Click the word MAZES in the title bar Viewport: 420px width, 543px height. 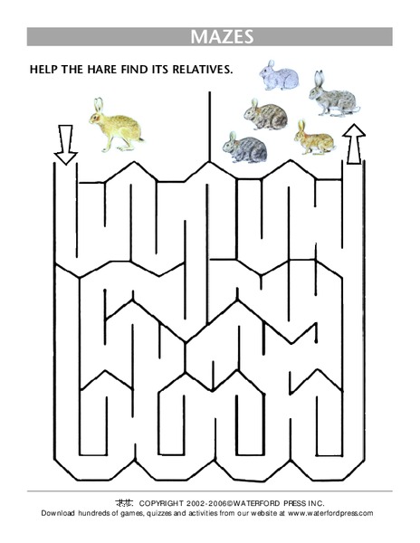221,37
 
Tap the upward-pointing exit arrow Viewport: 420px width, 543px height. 354,143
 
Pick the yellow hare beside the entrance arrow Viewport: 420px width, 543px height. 116,127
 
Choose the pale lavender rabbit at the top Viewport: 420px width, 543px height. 279,76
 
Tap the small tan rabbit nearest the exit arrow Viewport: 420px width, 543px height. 313,138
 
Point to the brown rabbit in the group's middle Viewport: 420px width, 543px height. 266,114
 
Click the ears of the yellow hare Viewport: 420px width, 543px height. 98,104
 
